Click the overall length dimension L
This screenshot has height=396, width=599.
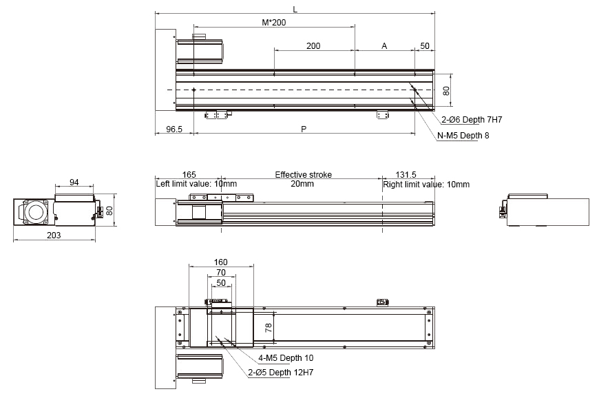[295, 9]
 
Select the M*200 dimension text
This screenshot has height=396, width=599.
[274, 23]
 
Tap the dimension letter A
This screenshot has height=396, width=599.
[384, 46]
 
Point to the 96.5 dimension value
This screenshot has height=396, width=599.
[174, 129]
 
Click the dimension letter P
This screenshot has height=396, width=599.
[304, 129]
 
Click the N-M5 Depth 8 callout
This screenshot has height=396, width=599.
[463, 136]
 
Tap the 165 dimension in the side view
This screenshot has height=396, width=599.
[189, 175]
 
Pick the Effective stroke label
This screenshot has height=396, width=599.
[302, 175]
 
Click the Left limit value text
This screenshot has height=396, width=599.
[196, 184]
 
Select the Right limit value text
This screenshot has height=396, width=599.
[426, 184]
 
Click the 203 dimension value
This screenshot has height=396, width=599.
[54, 235]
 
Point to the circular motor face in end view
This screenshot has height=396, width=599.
[32, 212]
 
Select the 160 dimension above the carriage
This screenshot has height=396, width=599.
[221, 262]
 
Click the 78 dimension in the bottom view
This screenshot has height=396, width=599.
[269, 329]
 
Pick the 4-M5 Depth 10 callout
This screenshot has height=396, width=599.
[286, 359]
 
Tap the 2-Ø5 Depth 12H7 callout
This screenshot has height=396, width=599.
[281, 373]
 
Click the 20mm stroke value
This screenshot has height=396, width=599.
[302, 184]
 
